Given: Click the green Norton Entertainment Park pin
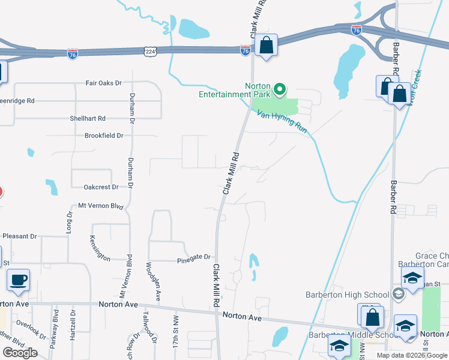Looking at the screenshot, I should pyautogui.click(x=279, y=90).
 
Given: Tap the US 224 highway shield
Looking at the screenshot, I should pyautogui.click(x=151, y=53).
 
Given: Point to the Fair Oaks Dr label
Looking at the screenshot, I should pyautogui.click(x=104, y=83).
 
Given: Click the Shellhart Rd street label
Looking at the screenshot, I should pyautogui.click(x=88, y=119).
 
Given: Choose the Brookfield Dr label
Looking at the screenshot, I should pyautogui.click(x=104, y=136).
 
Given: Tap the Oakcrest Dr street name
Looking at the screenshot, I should pyautogui.click(x=101, y=187).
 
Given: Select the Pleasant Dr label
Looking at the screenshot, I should pyautogui.click(x=19, y=236).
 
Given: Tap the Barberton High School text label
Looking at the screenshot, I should pyautogui.click(x=348, y=295).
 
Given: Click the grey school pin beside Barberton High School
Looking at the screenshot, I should pyautogui.click(x=398, y=295).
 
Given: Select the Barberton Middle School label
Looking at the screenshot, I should pyautogui.click(x=346, y=335).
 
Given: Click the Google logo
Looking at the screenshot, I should pyautogui.click(x=20, y=353).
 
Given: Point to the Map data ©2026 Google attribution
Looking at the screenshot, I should pyautogui.click(x=412, y=355).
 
